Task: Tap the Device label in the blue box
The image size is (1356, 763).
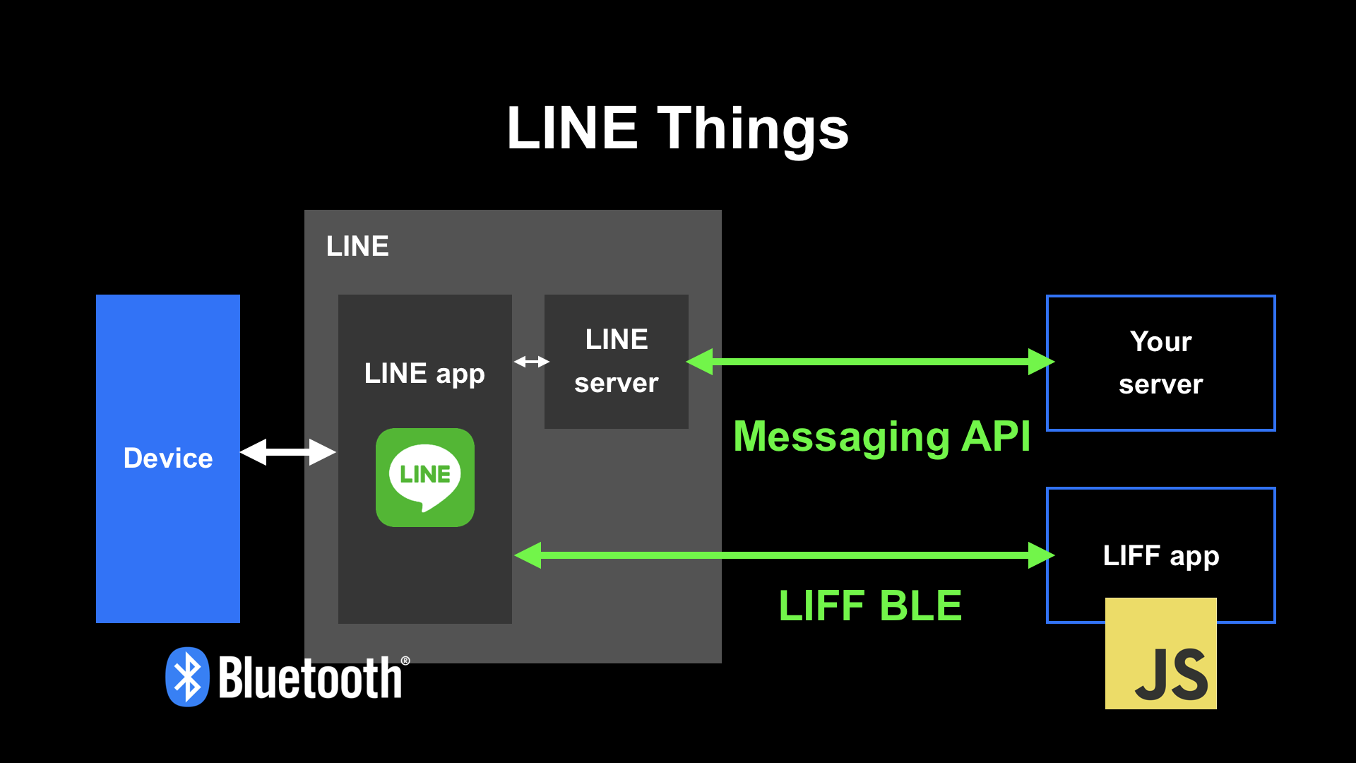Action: coord(168,459)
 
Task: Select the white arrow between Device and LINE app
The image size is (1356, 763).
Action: coord(287,452)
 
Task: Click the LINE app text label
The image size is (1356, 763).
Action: coord(424,374)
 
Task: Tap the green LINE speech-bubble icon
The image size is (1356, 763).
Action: coord(425,478)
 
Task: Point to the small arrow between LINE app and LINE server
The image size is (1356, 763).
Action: coord(531,362)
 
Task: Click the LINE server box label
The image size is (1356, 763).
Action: coord(616,361)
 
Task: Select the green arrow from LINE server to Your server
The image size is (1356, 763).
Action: coord(869,362)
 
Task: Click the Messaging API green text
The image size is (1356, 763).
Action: coord(881,437)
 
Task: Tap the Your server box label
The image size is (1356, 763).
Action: coord(1160,362)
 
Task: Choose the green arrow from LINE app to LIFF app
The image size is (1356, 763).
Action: coord(784,555)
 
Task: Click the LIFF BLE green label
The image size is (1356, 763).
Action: coord(870,605)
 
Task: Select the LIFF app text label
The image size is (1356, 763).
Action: coord(1160,556)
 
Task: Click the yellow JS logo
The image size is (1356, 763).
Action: coord(1160,653)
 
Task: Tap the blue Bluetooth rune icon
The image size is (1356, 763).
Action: coord(187,677)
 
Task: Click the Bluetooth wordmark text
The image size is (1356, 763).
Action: coord(310,678)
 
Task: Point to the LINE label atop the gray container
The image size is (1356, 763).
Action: coord(357,247)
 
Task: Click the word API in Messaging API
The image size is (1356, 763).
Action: coord(996,437)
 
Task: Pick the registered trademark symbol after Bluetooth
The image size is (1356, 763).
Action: coord(405,661)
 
